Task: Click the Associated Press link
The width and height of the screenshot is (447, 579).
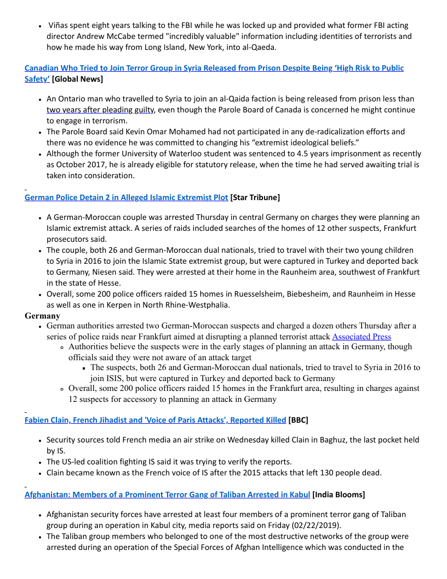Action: click(362, 337)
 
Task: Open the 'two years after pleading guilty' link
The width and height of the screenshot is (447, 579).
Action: click(100, 110)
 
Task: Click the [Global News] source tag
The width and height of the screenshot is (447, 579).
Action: click(78, 79)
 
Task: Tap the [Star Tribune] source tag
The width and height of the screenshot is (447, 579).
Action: click(255, 197)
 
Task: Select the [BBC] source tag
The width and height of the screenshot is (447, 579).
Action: click(299, 420)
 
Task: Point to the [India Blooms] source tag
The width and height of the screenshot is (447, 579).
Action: click(339, 495)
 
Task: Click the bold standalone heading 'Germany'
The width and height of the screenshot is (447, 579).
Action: click(43, 316)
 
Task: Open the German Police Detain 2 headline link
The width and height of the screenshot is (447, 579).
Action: click(126, 197)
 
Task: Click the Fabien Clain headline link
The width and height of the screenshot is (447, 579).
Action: click(155, 420)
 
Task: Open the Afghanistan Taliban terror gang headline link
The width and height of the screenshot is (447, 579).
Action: click(167, 495)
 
